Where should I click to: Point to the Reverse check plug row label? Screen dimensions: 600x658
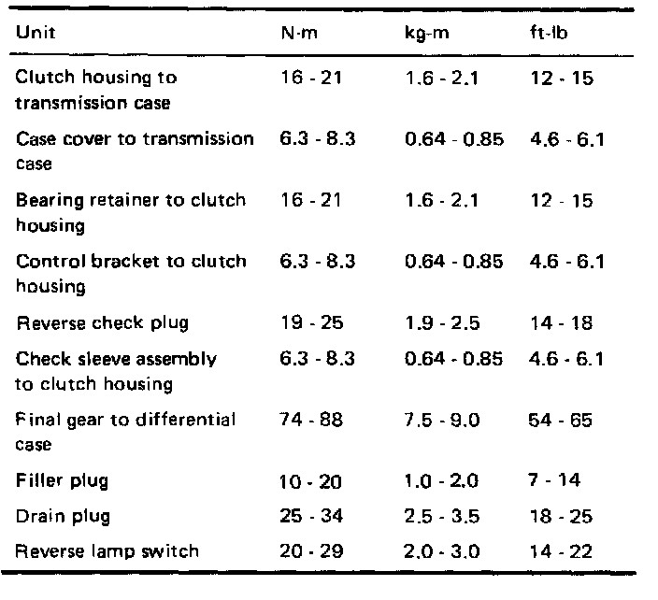point(102,323)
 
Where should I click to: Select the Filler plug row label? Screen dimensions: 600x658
point(62,481)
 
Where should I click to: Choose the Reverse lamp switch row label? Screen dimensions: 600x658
point(107,550)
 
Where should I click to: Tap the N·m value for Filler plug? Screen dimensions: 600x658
point(312,482)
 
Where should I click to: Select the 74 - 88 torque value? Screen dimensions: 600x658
point(312,421)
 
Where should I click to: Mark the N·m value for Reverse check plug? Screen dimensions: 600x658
point(312,323)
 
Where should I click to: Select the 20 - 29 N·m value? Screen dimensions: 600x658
point(312,551)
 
